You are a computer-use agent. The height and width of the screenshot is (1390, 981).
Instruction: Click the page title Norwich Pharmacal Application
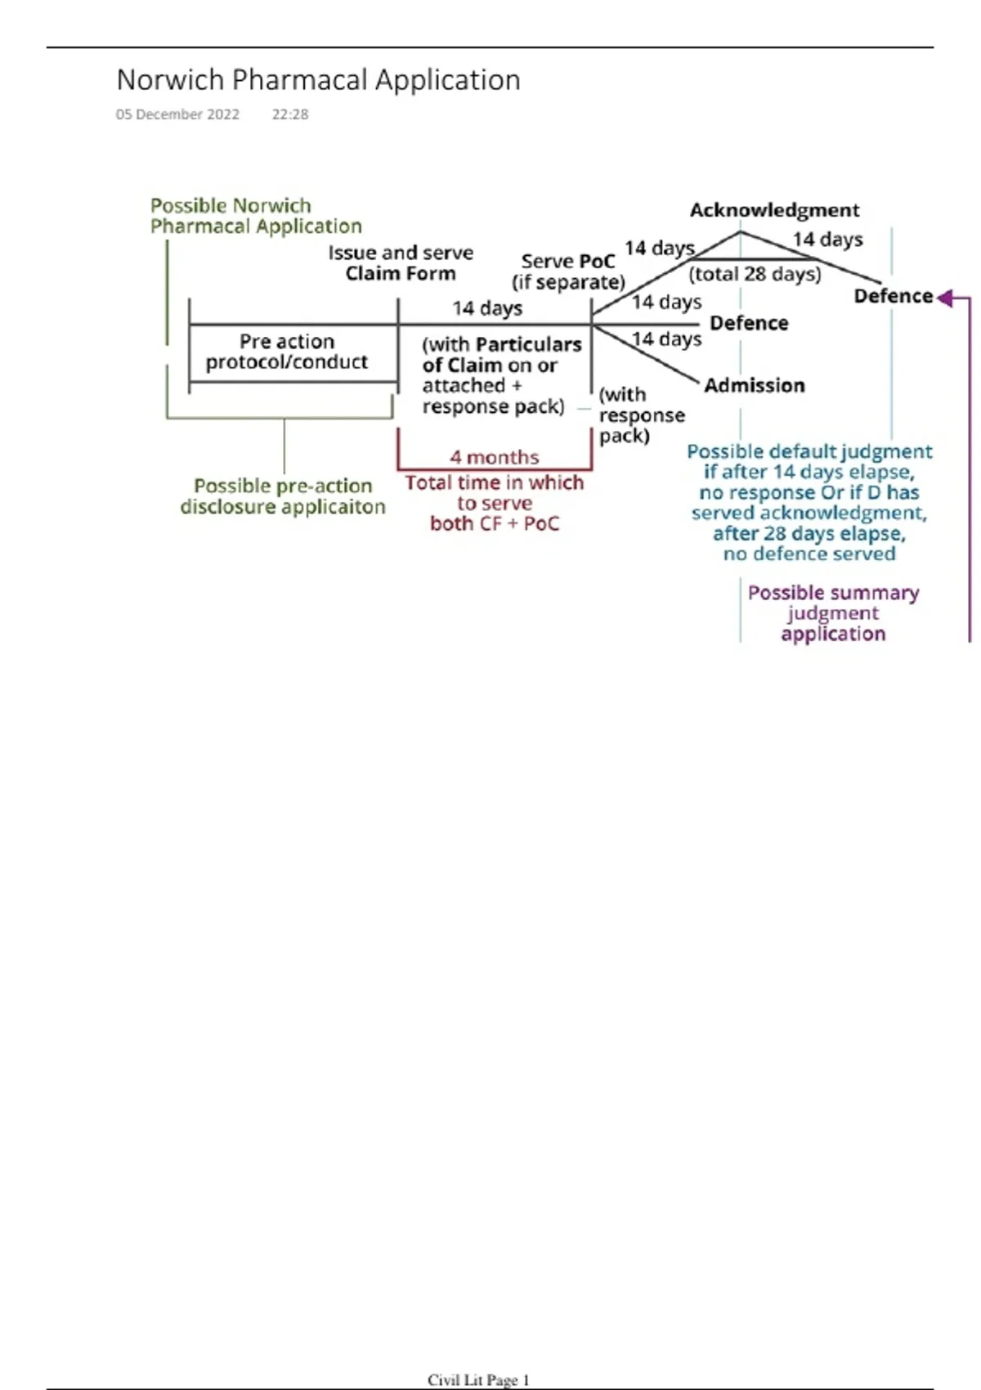pyautogui.click(x=318, y=80)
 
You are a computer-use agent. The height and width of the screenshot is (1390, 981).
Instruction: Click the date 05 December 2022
pyautogui.click(x=177, y=114)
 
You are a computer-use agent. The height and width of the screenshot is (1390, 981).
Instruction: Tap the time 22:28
pyautogui.click(x=290, y=114)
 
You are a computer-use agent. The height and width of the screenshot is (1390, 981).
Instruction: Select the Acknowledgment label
pyautogui.click(x=774, y=210)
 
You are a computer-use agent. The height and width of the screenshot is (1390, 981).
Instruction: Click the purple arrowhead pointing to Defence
pyautogui.click(x=945, y=298)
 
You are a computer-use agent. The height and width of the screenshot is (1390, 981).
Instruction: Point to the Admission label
pyautogui.click(x=754, y=385)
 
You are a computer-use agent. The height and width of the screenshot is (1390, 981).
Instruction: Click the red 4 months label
pyautogui.click(x=494, y=457)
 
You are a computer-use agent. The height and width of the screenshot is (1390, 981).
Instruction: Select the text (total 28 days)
pyautogui.click(x=755, y=274)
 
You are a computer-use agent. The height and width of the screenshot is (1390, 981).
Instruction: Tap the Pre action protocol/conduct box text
pyautogui.click(x=286, y=352)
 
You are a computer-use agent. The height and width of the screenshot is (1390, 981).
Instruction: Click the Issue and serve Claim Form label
pyautogui.click(x=401, y=263)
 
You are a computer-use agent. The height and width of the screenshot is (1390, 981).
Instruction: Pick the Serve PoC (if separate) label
pyautogui.click(x=568, y=271)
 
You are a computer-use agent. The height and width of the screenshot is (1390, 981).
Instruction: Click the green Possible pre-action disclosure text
pyautogui.click(x=283, y=496)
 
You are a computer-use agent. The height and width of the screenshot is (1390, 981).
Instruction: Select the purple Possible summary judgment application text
pyautogui.click(x=833, y=613)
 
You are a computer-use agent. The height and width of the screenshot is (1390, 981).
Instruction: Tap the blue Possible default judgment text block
pyautogui.click(x=809, y=502)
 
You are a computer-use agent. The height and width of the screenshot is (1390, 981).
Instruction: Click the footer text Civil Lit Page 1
pyautogui.click(x=478, y=1380)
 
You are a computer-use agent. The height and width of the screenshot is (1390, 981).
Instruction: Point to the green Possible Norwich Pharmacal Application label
pyautogui.click(x=255, y=216)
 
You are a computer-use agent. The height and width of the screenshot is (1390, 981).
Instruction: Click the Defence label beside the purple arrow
pyautogui.click(x=893, y=296)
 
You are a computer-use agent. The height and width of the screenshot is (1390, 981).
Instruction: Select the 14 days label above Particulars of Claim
pyautogui.click(x=487, y=308)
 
